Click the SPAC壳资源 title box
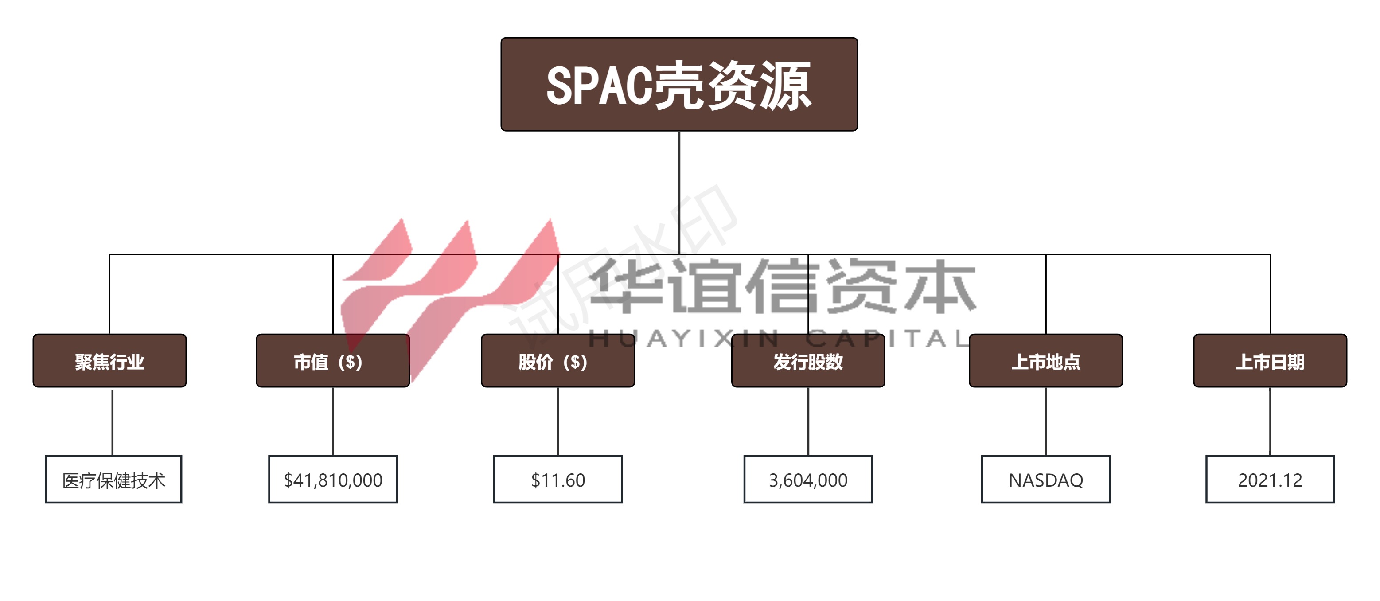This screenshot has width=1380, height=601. point(679,84)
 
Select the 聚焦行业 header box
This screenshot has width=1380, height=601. point(109,360)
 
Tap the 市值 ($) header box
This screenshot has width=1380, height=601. point(333,360)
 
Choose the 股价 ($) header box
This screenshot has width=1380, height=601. point(557,360)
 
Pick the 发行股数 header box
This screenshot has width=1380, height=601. point(808,360)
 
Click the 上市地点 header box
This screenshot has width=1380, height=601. point(1046,360)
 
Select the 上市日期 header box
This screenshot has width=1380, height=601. point(1270,360)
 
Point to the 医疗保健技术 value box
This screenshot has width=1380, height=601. point(113,480)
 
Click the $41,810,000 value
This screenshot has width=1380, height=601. point(333,480)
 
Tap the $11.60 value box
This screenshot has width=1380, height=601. point(557,480)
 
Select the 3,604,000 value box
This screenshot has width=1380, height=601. point(808,480)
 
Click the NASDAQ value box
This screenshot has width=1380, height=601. point(1046,480)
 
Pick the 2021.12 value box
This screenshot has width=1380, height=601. point(1270,480)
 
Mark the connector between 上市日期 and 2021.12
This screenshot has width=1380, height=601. point(1270,421)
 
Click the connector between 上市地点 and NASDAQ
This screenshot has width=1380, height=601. point(1046,421)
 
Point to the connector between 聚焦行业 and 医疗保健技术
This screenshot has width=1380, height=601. point(113,421)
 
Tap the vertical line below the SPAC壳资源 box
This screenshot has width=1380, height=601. point(679,193)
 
